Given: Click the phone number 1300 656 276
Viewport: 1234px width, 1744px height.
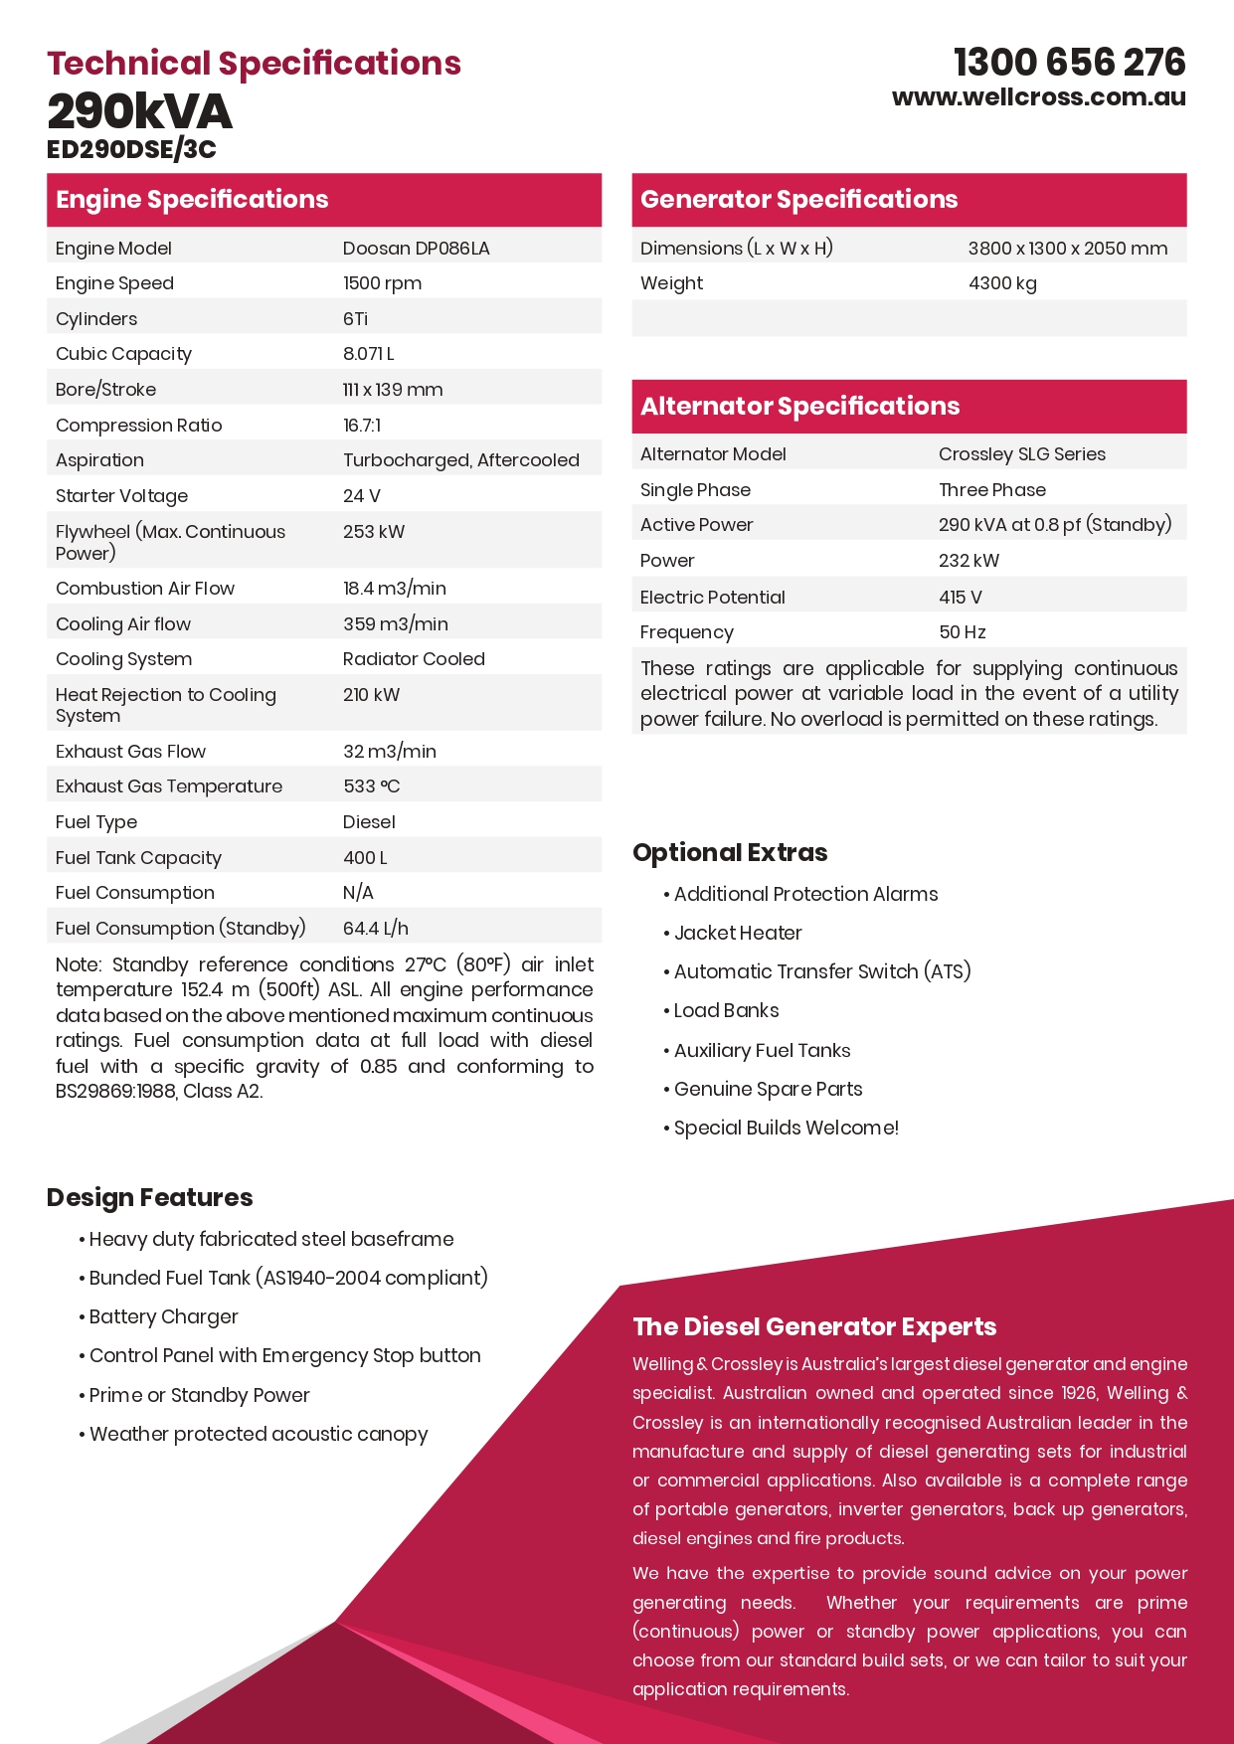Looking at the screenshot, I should click(x=1069, y=63).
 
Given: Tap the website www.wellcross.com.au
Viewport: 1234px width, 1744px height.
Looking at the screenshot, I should click(x=1038, y=97).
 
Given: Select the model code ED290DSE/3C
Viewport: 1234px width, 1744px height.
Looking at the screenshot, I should click(x=131, y=149).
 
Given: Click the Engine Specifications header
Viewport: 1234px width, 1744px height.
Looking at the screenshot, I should click(x=192, y=199).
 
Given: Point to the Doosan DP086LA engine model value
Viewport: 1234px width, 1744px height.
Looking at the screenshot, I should click(x=416, y=249).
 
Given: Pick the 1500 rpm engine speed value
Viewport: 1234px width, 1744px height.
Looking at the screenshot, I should click(x=382, y=283).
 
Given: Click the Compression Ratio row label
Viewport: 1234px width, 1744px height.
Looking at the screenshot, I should click(x=138, y=426).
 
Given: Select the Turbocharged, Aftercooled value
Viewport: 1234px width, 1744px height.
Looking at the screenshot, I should click(x=460, y=460).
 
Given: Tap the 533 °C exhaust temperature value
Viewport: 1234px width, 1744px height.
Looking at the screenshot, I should click(x=371, y=786).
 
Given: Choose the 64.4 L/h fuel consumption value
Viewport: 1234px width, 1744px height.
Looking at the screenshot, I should click(x=375, y=929).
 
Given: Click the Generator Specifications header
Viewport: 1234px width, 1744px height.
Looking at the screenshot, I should click(x=798, y=199).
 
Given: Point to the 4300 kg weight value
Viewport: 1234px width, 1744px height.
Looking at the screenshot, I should click(x=1001, y=283).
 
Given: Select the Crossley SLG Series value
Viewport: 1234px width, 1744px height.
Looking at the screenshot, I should click(x=1021, y=454).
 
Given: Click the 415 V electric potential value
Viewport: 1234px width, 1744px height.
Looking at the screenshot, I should click(x=960, y=598).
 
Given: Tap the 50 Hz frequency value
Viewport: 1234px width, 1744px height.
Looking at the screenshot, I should click(x=962, y=632).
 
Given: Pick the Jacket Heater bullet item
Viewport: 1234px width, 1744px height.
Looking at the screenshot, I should click(x=738, y=933).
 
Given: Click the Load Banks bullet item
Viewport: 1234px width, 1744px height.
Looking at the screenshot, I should click(x=726, y=1011).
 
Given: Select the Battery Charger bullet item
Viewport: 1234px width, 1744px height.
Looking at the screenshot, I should click(x=163, y=1316).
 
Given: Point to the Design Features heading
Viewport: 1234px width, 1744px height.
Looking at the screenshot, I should click(x=149, y=1197).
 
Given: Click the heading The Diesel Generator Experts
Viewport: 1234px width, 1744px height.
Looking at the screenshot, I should click(x=814, y=1326).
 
